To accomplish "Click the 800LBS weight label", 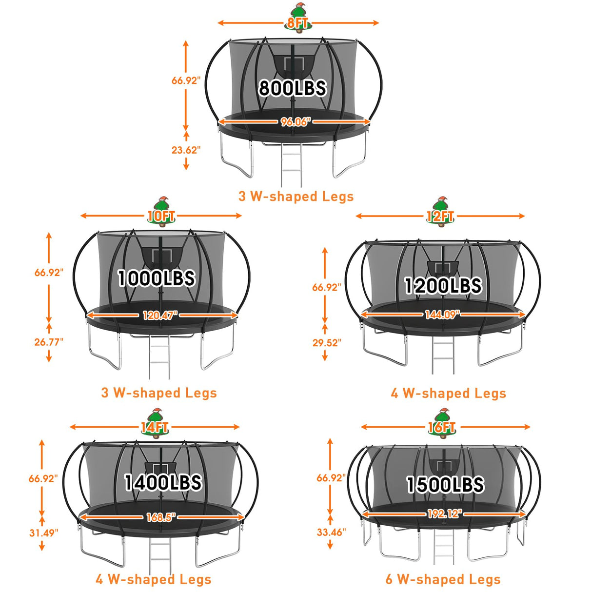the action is point(292,88).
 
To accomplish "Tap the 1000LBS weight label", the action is point(157,278).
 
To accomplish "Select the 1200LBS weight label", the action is point(443,285).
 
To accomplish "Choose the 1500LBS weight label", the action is point(445,485).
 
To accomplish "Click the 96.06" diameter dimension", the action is point(294,122).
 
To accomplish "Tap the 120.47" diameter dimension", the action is point(160,315).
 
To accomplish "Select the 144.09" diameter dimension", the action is point(442,314).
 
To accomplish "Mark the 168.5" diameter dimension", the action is point(160,517).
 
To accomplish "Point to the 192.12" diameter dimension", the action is point(445,513).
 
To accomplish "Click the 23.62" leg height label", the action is point(186,150).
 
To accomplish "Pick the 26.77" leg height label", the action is point(49,342).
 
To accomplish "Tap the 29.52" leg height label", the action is point(327,342).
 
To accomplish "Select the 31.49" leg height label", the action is point(43,533).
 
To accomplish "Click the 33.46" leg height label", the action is point(331,532).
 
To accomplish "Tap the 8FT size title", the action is point(297,23).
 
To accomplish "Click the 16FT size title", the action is point(441,427).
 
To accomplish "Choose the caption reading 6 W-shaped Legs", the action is point(443,579).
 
